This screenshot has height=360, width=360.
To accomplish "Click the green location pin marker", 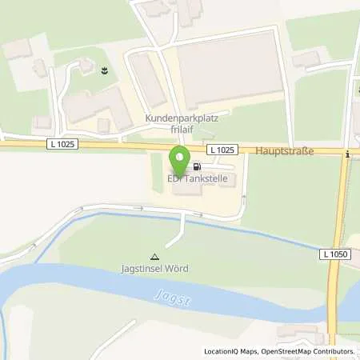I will pyautogui.click(x=179, y=158).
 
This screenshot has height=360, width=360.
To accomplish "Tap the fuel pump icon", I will pyautogui.click(x=196, y=168).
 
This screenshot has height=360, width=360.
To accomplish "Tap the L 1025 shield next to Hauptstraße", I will pyautogui.click(x=222, y=150).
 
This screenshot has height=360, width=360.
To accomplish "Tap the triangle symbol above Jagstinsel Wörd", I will pyautogui.click(x=155, y=257).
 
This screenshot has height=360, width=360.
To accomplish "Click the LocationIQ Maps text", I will pyautogui.click(x=229, y=351).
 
